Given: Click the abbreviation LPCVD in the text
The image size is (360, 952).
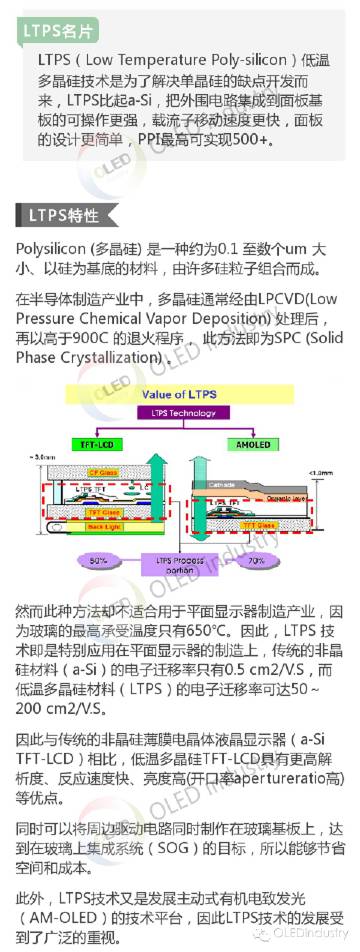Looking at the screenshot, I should pos(287,299).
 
